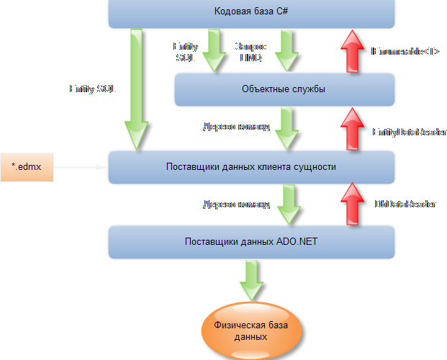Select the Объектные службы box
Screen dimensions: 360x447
284,89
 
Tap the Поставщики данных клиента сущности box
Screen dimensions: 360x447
251,166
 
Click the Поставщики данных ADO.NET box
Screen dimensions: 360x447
251,242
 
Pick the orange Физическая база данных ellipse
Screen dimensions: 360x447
251,330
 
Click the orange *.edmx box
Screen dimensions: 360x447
27,167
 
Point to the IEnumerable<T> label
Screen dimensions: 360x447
405,51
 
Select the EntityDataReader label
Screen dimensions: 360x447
409,132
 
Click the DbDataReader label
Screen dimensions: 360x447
405,204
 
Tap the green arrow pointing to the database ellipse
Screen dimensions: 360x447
251,279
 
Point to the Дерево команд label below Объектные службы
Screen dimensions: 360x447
236,127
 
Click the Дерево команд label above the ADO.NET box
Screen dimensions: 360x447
236,204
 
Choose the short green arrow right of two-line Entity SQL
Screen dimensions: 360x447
215,50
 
